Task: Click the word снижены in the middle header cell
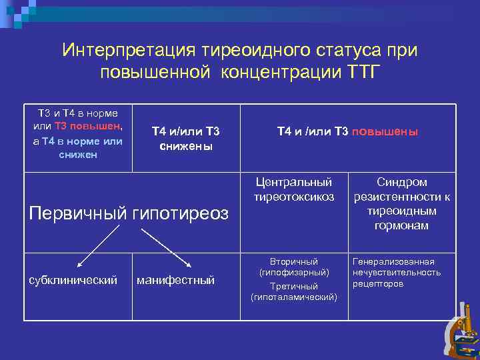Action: [x=186, y=145]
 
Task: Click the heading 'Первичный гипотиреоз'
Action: [x=129, y=213]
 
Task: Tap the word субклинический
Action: [x=73, y=280]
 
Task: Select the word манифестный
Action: [x=175, y=280]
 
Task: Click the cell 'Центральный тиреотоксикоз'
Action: [x=294, y=189]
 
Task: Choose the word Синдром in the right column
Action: [x=402, y=182]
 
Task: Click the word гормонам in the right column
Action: [x=402, y=226]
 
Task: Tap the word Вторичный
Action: [x=294, y=261]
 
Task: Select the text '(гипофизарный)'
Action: [x=294, y=273]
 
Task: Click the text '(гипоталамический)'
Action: [x=294, y=297]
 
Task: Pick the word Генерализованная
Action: [x=393, y=261]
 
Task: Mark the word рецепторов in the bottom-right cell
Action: [x=378, y=283]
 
